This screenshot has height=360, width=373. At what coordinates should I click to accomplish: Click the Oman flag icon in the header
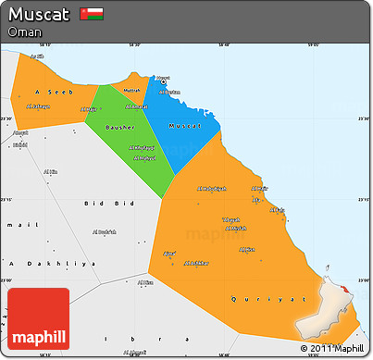point(91,14)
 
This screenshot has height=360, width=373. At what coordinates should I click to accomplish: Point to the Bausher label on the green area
point(121,126)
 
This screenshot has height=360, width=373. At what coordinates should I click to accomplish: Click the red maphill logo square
point(38,318)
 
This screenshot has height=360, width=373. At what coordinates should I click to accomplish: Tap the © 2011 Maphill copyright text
point(331,348)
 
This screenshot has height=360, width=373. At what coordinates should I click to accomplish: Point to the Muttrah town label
point(131,91)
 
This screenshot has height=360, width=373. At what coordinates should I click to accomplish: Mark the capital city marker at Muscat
point(163,82)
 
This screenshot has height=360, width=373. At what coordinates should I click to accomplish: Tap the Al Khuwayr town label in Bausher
point(142,147)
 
